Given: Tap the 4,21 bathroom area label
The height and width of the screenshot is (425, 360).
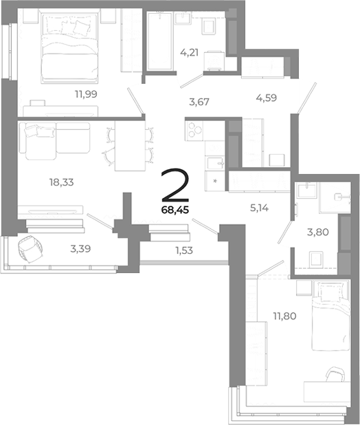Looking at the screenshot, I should point(190,51).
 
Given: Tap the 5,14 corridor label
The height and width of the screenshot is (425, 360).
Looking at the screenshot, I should point(260,204).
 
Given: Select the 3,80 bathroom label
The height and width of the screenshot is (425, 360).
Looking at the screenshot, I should point(317,232).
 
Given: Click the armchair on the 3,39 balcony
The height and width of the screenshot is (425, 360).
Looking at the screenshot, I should point(31,249).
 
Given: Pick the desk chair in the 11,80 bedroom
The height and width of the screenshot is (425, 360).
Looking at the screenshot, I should point(335,376).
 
